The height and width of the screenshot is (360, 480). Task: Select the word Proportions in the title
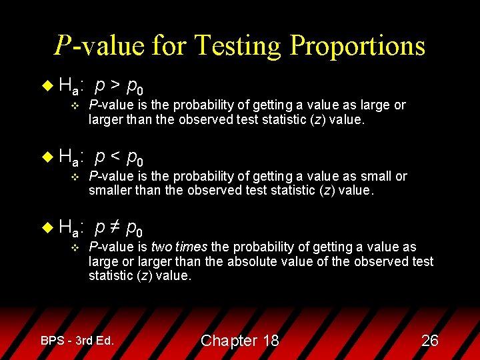pos(358,46)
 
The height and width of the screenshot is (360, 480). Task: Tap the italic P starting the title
pos(63,46)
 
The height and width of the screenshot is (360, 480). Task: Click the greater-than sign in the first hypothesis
pos(115,85)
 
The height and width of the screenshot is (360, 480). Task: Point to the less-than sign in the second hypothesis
pos(115,157)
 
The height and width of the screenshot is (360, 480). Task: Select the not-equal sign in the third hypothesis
pos(115,228)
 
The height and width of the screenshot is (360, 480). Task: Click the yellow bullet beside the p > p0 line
pos(46,85)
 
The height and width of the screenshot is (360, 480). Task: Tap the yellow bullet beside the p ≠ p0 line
pos(46,228)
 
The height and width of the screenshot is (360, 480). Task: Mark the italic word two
pos(162,247)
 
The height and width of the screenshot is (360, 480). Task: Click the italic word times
pos(191,247)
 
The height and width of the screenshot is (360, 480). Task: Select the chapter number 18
pos(271,341)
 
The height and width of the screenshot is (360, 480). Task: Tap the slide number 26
pos(430,341)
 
